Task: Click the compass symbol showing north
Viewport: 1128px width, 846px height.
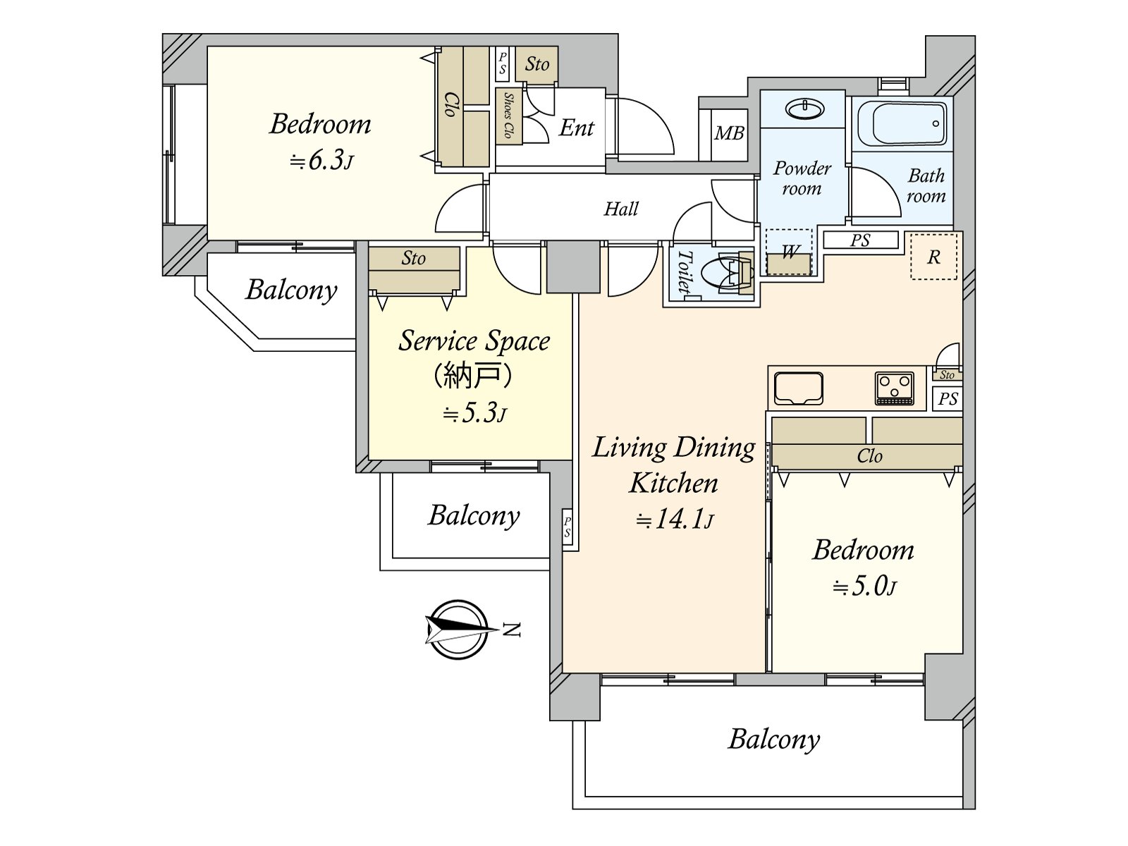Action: point(458,630)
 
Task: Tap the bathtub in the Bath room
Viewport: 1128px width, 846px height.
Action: point(902,123)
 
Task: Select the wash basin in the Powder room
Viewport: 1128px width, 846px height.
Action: point(805,109)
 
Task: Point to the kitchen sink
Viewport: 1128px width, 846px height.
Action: point(799,388)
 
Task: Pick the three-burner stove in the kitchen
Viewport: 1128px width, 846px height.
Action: point(894,388)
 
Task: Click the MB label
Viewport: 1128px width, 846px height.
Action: point(729,133)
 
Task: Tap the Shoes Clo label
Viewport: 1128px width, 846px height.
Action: point(509,116)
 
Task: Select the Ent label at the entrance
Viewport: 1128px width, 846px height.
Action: point(577,128)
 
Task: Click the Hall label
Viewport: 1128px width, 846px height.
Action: point(621,209)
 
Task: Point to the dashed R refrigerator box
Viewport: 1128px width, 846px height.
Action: point(933,257)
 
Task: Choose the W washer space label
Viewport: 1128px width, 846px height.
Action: point(790,252)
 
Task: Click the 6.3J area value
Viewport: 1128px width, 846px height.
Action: point(321,161)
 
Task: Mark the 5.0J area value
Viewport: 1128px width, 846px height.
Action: point(864,586)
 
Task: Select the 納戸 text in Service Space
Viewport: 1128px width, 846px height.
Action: point(473,376)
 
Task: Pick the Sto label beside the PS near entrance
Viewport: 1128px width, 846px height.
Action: point(537,64)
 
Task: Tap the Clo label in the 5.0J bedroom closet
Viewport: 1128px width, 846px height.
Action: point(869,456)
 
